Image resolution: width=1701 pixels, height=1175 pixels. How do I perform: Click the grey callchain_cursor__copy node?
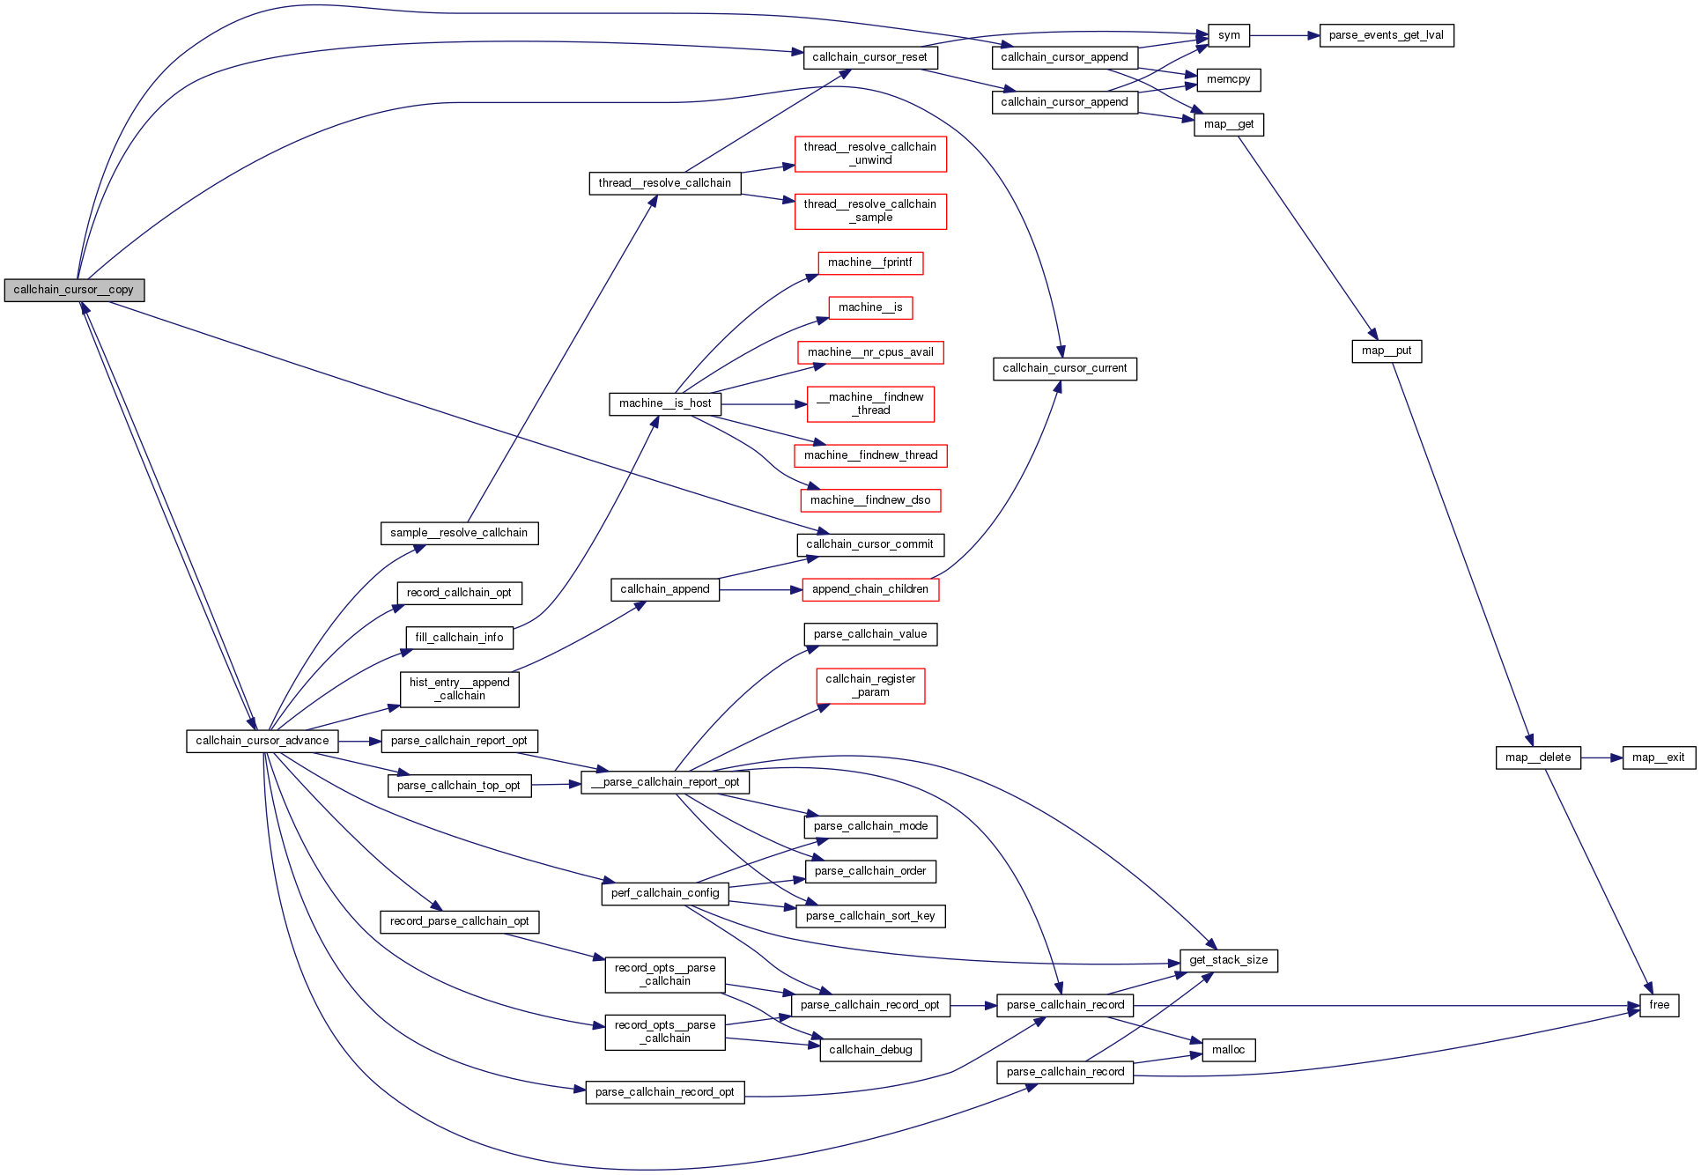(x=74, y=290)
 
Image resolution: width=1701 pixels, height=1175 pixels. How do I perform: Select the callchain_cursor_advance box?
(x=262, y=741)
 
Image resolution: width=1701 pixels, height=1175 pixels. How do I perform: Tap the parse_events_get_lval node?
(x=1386, y=35)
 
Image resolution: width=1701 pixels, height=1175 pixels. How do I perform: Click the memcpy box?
(x=1228, y=79)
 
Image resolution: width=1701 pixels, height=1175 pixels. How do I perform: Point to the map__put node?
(x=1387, y=351)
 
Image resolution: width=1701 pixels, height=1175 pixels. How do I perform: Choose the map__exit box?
(x=1658, y=757)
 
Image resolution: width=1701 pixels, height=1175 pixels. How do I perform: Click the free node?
(x=1659, y=1005)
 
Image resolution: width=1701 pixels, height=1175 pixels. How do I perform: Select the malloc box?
(x=1228, y=1050)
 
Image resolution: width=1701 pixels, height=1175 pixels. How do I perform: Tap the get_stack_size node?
(x=1228, y=960)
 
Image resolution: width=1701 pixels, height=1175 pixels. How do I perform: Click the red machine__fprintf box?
(x=869, y=262)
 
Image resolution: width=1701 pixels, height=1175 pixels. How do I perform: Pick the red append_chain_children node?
(x=869, y=589)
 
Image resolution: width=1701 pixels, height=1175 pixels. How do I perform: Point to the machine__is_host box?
(x=665, y=403)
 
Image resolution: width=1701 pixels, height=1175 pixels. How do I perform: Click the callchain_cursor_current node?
(x=1064, y=368)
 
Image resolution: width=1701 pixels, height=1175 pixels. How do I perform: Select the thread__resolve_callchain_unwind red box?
(x=869, y=153)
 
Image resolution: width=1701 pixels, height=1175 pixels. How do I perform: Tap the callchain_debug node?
(x=870, y=1050)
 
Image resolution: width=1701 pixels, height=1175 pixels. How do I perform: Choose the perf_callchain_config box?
(x=665, y=893)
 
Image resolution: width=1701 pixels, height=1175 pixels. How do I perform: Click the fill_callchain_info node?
(x=459, y=638)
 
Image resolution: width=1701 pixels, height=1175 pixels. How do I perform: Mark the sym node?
(x=1229, y=35)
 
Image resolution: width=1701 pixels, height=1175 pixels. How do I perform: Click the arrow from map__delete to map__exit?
(x=1601, y=757)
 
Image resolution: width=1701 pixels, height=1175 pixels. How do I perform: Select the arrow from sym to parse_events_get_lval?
(x=1283, y=35)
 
